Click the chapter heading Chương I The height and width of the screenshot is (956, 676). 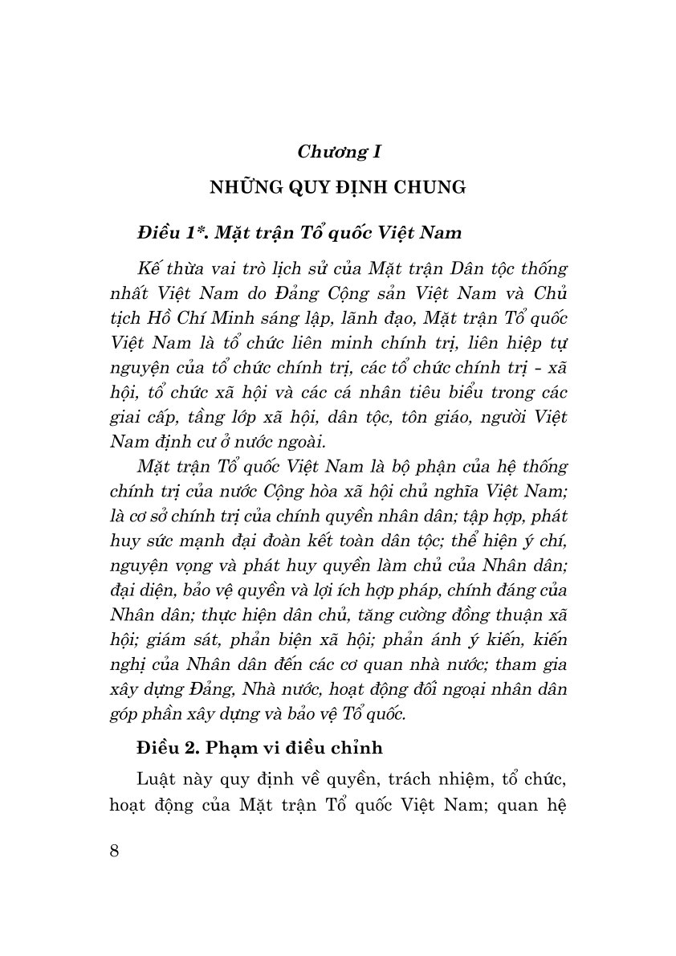tap(339, 150)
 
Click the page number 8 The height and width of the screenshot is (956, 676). tap(113, 850)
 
